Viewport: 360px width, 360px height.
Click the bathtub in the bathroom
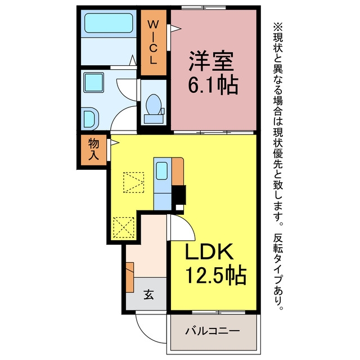pos(109,23)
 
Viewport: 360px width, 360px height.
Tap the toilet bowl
pos(154,105)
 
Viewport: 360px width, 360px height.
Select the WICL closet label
pos(153,42)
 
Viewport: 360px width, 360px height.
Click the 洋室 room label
pos(211,61)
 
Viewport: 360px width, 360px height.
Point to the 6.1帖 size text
pos(213,85)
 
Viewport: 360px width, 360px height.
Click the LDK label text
pos(209,251)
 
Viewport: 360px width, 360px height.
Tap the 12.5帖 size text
pos(216,275)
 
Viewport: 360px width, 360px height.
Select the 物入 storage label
pos(94,150)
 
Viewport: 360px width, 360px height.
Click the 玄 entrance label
pos(148,295)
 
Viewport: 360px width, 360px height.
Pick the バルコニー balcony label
pos(213,331)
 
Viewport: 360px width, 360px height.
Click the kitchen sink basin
pos(162,170)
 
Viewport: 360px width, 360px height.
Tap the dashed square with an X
pos(124,227)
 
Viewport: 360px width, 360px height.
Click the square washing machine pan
pos(94,83)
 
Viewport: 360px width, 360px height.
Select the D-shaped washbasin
pos(91,119)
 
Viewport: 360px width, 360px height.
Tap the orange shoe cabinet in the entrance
pos(130,277)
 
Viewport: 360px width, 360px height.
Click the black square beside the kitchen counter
pos(178,195)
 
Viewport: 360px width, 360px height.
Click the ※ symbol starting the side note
pos(278,28)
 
